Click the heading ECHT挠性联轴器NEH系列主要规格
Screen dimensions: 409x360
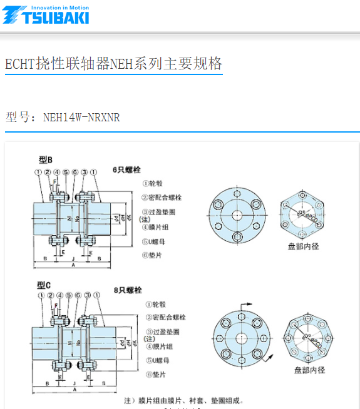[113, 64]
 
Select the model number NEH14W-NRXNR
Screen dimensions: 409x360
[81, 117]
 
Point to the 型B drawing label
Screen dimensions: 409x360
[46, 160]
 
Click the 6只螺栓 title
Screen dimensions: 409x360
[127, 169]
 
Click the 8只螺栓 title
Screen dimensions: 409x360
[127, 290]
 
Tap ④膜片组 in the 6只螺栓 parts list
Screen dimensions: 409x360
[157, 227]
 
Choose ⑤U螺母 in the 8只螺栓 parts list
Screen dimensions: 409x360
[157, 360]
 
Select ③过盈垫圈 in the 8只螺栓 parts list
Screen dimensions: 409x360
[161, 332]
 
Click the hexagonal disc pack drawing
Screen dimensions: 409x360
[303, 215]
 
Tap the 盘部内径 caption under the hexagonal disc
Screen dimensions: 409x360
[303, 246]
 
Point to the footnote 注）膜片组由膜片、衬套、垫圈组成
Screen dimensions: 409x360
[183, 400]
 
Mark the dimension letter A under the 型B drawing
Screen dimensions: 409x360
[73, 265]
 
